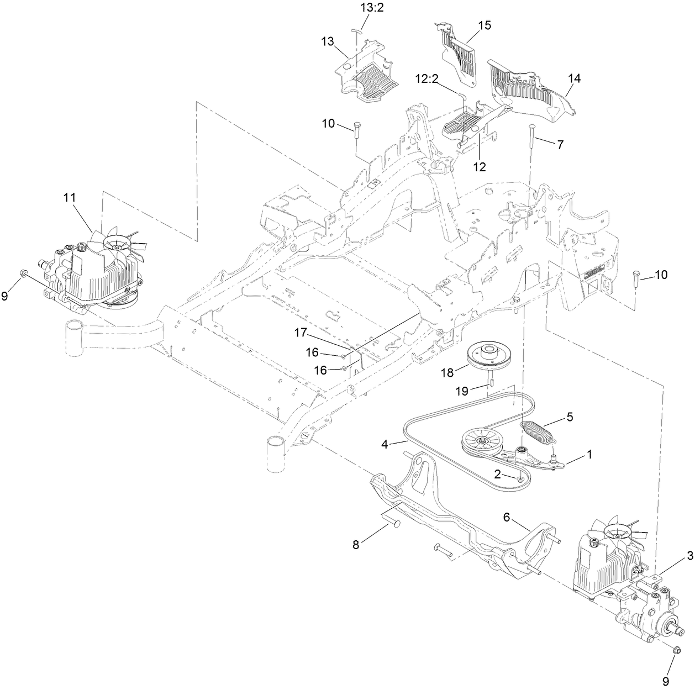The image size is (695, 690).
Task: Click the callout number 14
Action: pyautogui.click(x=575, y=79)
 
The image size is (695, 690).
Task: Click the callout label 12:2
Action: pyautogui.click(x=427, y=79)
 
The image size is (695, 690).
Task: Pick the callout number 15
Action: pyautogui.click(x=485, y=25)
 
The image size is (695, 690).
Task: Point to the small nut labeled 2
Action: pyautogui.click(x=520, y=478)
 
